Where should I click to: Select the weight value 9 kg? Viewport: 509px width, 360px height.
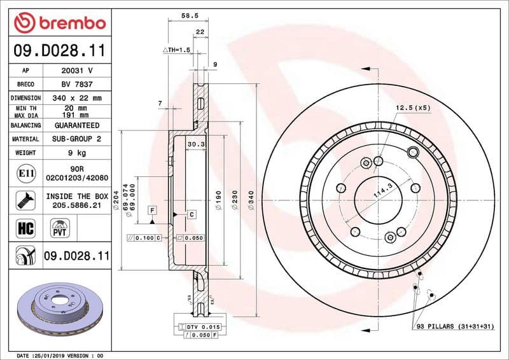pos(77,153)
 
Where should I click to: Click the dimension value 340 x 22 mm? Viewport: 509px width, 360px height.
pos(77,98)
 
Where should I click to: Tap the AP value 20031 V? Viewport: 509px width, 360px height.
pos(77,71)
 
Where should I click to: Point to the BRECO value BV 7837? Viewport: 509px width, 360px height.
pos(77,84)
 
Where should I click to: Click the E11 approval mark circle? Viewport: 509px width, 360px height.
pos(26,173)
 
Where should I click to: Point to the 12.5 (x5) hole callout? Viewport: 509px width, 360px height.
pos(413,107)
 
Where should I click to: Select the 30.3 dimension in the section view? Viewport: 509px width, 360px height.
pos(195,145)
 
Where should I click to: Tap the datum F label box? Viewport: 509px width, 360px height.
pos(153,209)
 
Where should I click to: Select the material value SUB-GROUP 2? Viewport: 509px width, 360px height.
pos(77,139)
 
